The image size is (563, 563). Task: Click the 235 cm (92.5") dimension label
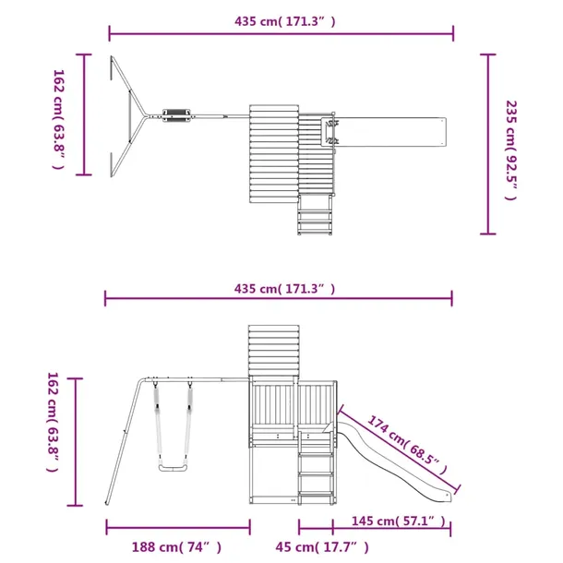[511, 150]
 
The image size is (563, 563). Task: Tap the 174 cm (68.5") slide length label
[408, 445]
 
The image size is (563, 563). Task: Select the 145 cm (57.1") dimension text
[398, 521]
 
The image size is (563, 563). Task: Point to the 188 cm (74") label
[176, 547]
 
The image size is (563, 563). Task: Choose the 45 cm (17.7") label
[322, 547]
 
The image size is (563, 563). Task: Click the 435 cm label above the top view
[285, 21]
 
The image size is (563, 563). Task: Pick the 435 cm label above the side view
[284, 289]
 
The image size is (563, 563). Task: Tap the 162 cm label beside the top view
[58, 119]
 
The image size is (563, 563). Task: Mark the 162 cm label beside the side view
[53, 423]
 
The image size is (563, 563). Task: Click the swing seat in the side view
[174, 468]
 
